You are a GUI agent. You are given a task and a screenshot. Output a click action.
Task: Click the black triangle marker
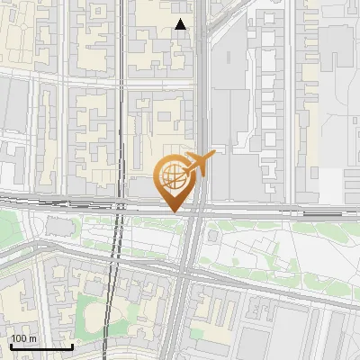click(x=181, y=24)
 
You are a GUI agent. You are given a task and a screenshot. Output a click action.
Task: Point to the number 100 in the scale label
click(x=19, y=337)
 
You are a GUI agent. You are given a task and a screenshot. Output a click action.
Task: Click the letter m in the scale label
click(x=31, y=337)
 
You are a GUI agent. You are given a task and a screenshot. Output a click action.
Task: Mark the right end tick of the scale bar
click(x=72, y=346)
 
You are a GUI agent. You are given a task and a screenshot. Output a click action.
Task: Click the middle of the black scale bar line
click(x=40, y=346)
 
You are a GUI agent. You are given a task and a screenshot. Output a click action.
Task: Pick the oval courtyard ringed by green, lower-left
click(x=91, y=315)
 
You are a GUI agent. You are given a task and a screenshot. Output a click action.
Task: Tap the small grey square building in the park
click(x=213, y=237)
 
